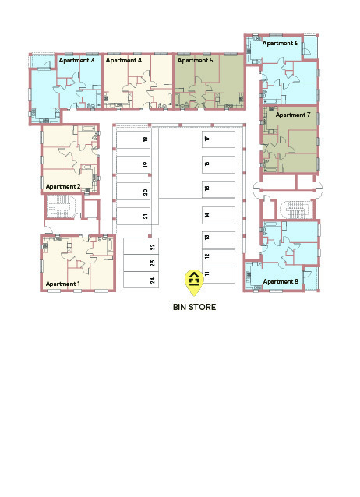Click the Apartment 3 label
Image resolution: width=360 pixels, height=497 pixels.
coord(76,60)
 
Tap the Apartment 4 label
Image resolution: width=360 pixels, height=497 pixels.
coord(123,60)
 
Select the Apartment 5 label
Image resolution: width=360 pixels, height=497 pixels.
coord(195,60)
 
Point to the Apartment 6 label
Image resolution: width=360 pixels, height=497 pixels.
coord(280,43)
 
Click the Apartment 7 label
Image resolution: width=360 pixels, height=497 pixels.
coord(293,115)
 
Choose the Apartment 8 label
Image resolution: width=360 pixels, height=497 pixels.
coord(281,281)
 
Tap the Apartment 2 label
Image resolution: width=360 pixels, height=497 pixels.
coord(63,186)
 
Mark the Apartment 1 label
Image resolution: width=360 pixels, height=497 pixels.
coord(63,284)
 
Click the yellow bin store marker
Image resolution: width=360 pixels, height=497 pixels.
coord(194,281)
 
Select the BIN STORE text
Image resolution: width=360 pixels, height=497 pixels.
coord(194,307)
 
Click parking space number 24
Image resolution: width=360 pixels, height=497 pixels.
coord(141,280)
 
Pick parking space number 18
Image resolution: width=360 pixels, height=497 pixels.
coord(133,139)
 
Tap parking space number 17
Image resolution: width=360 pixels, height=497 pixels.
coord(218,139)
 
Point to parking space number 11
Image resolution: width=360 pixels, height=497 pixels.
coord(218,274)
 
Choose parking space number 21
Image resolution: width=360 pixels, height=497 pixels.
coord(133,216)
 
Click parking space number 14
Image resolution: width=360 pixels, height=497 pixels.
coord(218,215)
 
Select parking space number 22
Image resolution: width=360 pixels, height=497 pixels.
coord(141,246)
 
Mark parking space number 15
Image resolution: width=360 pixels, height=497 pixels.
coord(218,189)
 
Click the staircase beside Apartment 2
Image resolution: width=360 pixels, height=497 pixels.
coord(60,206)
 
